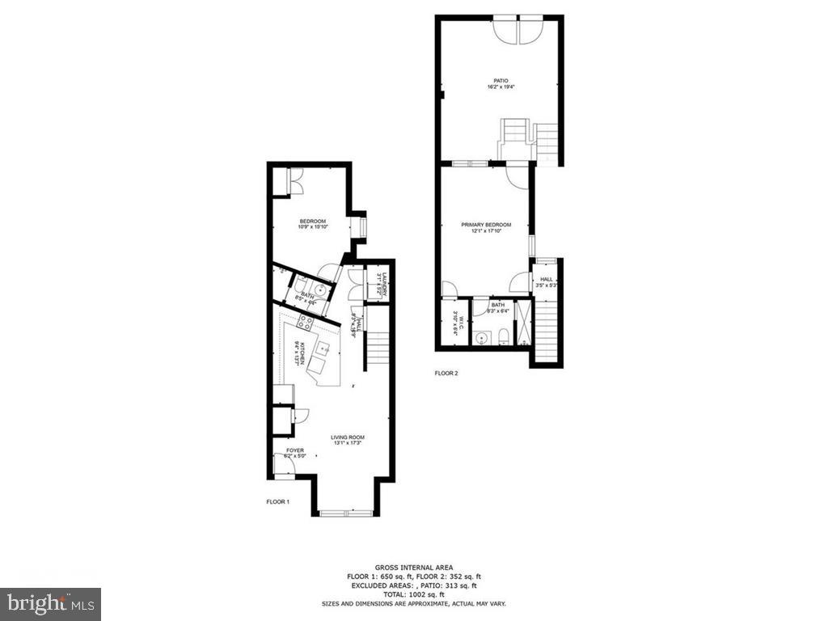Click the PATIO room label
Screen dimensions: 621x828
click(501, 81)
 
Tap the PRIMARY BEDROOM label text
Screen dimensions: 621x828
click(486, 225)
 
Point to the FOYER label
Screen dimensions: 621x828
click(295, 450)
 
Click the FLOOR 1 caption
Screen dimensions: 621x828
click(277, 502)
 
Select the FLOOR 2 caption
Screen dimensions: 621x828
click(446, 374)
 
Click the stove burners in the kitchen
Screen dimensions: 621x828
click(307, 322)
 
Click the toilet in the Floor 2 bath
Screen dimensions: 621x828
click(501, 336)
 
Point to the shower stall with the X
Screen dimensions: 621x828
click(522, 322)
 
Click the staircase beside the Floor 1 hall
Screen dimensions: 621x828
click(377, 349)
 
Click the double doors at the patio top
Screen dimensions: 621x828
click(519, 28)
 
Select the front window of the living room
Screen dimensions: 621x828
click(345, 512)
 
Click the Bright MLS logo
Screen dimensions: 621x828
click(50, 603)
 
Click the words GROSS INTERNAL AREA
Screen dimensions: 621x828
click(413, 567)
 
